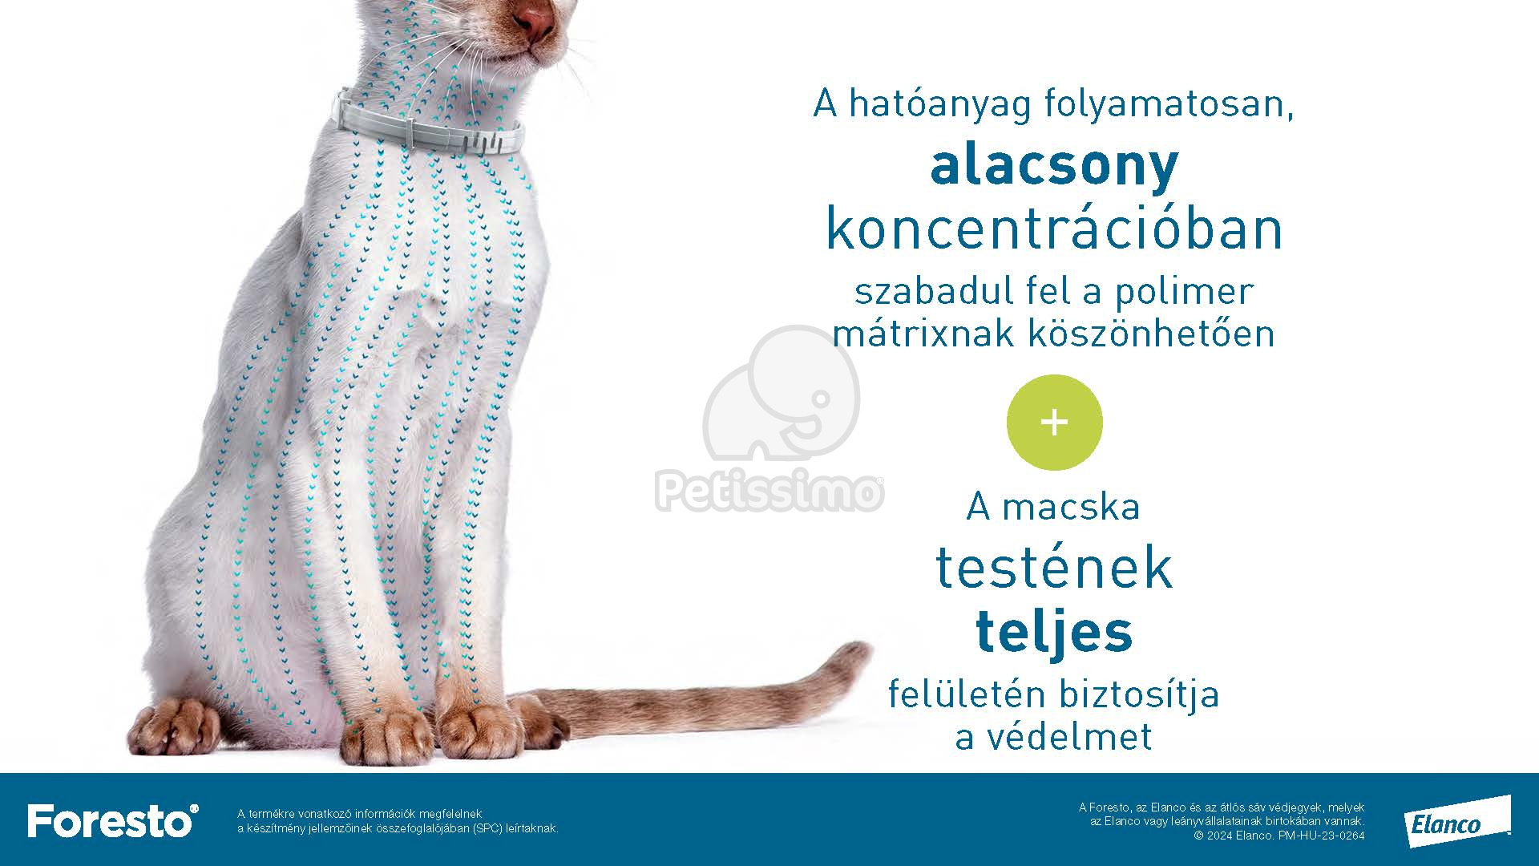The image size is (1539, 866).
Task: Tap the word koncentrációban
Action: pos(1054,229)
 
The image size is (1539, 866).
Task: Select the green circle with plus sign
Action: pos(1054,423)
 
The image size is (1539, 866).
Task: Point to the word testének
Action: pos(1054,568)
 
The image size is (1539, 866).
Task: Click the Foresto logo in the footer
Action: pos(113,820)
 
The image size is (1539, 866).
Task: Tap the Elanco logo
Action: pos(1456,822)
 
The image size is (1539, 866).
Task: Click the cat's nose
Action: pos(533,18)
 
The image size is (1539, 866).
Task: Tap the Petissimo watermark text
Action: pos(770,492)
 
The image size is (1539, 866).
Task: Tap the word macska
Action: pos(1071,507)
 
